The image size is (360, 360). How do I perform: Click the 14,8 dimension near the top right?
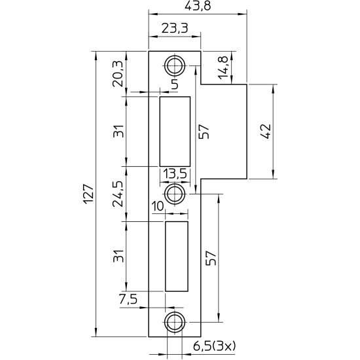(x=225, y=68)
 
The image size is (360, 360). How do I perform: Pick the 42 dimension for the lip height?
(x=266, y=132)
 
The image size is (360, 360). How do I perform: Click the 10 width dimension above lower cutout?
(x=157, y=207)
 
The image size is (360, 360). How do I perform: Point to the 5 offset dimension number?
(x=174, y=84)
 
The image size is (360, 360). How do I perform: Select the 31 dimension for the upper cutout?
(x=118, y=132)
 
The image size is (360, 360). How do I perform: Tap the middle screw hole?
(x=174, y=194)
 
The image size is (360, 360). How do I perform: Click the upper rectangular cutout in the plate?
(x=175, y=131)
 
